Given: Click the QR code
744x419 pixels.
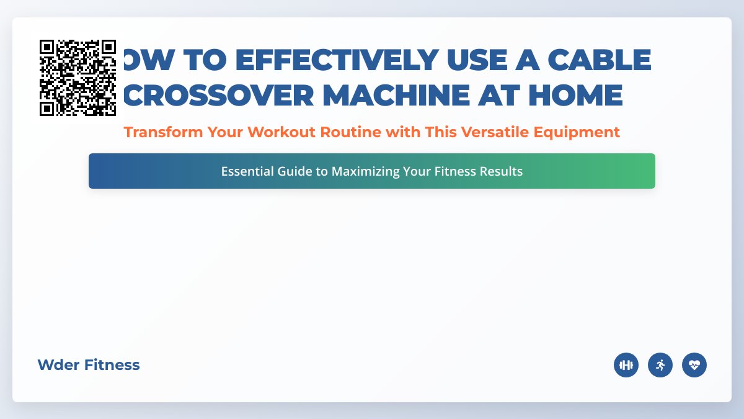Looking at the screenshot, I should point(77,78).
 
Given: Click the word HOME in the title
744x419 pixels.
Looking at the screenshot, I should point(573,95).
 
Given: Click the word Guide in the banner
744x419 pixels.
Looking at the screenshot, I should point(294,171).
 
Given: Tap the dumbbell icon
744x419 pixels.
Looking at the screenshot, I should point(626,365).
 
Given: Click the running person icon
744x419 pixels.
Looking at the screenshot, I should point(660,365).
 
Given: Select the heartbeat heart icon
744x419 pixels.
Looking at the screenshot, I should point(694,365).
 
